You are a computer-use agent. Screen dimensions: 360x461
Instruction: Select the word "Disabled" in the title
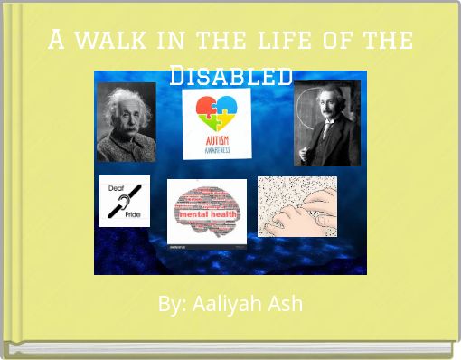[x=231, y=75]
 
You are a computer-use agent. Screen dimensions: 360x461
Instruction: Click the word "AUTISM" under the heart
[x=217, y=141]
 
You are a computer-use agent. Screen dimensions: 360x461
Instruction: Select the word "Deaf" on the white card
[x=117, y=188]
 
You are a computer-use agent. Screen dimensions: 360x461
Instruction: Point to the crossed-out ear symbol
[x=124, y=201]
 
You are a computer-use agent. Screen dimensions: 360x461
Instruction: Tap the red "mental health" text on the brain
[x=205, y=214]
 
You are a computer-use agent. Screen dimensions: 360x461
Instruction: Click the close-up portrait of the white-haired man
[x=126, y=122]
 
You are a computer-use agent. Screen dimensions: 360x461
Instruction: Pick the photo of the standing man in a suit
[x=326, y=122]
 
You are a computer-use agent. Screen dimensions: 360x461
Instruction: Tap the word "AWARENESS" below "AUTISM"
[x=217, y=150]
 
